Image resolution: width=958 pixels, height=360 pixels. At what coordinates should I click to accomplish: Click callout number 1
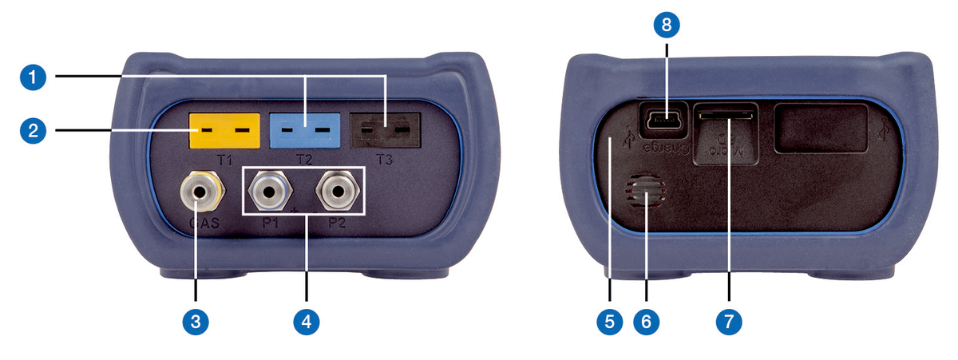[x=31, y=77]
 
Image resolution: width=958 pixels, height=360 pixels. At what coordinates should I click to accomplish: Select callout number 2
[x=31, y=130]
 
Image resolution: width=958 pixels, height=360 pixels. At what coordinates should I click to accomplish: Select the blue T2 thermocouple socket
[x=303, y=129]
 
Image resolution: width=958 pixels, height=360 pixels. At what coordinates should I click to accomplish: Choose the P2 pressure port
[x=335, y=191]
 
